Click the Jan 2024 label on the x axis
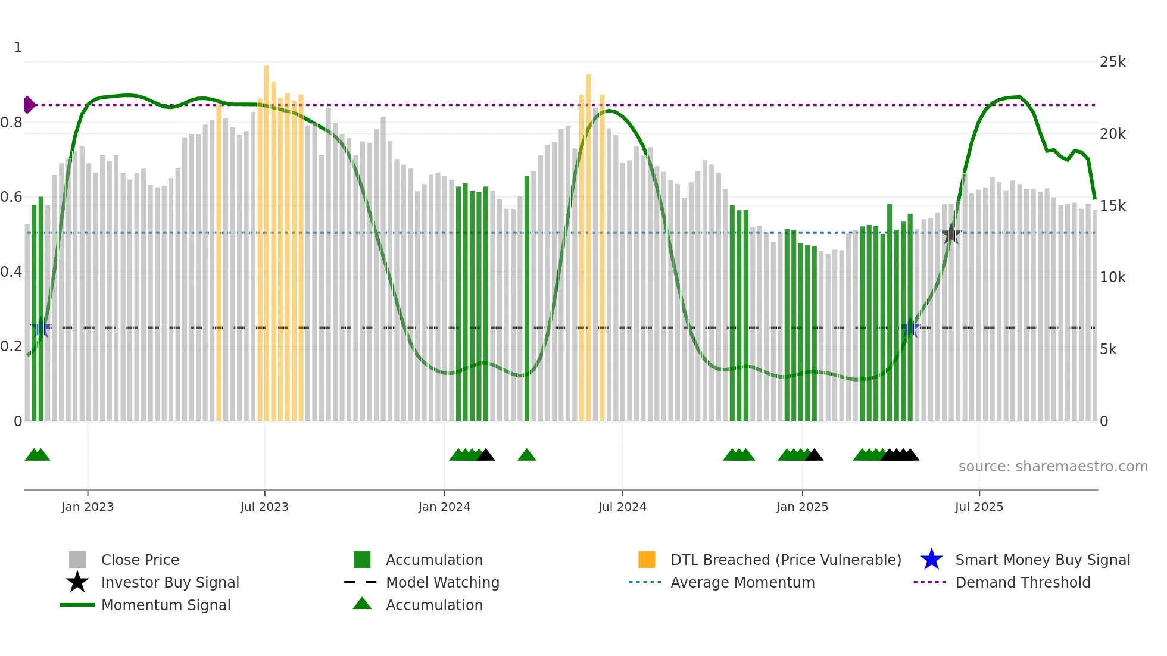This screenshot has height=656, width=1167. coord(444,507)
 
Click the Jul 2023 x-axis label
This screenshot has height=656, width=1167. coord(264,507)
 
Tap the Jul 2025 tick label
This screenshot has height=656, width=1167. coord(979,507)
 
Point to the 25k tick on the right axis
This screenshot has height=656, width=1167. coord(1112,62)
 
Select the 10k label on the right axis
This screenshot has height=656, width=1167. coord(1112,277)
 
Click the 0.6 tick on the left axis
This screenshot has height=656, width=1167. coord(11,197)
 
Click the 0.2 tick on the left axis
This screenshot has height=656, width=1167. coord(11,346)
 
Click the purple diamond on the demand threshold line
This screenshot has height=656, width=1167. coord(29,105)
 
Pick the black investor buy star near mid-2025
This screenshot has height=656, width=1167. coord(951,234)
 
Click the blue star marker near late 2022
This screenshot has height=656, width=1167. coord(40,327)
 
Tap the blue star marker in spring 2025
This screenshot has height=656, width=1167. coord(910,328)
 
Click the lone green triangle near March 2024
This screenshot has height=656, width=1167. coord(527,455)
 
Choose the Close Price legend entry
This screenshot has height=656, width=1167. coord(140,560)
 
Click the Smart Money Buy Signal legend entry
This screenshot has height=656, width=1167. coord(1042,560)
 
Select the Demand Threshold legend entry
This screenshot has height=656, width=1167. coord(1022,582)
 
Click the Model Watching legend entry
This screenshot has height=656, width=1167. coord(442,582)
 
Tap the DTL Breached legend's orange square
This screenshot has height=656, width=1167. coord(647,560)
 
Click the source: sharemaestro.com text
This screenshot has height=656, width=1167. coord(1053,467)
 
